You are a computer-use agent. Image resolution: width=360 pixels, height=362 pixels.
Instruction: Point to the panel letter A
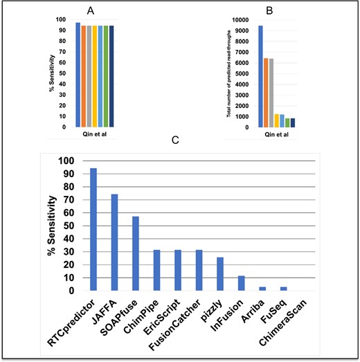[x=91, y=10]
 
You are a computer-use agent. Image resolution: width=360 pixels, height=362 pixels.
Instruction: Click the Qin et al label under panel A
[x=91, y=134]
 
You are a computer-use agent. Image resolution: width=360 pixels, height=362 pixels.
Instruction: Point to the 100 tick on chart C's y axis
[x=68, y=161]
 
